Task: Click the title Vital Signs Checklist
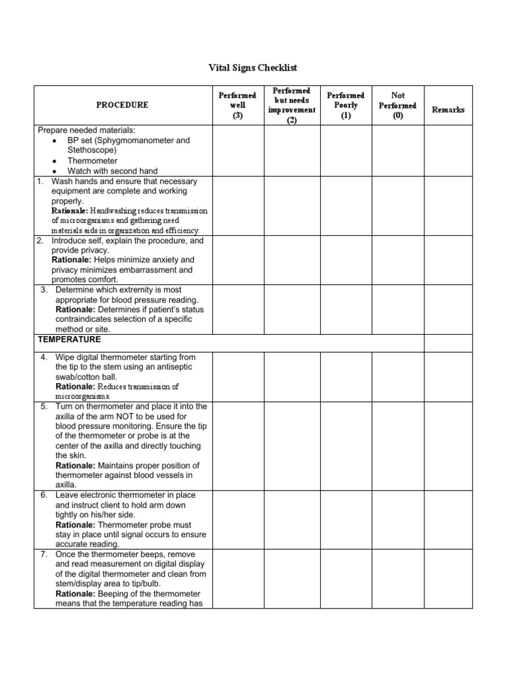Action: (253, 68)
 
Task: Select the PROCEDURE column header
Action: (122, 105)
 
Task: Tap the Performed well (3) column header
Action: (237, 105)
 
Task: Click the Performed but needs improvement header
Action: (292, 105)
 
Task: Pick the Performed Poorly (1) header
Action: (346, 105)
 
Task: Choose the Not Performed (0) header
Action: (397, 105)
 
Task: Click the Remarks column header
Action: (448, 109)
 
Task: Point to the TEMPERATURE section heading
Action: (69, 339)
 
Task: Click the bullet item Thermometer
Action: (92, 161)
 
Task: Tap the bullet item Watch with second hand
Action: (113, 171)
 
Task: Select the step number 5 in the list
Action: (43, 406)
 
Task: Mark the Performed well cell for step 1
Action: (237, 206)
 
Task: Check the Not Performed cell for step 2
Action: (397, 260)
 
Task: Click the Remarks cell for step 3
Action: (448, 309)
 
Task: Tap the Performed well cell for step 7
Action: (237, 579)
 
